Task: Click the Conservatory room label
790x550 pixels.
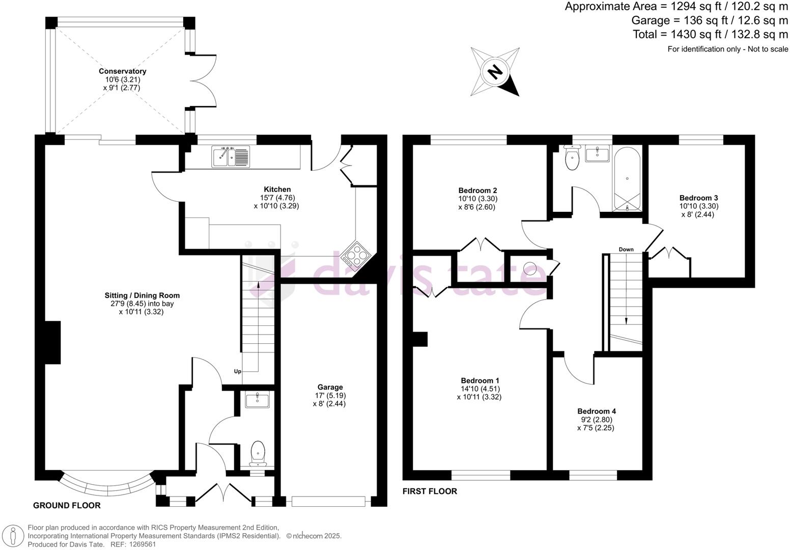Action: pos(122,71)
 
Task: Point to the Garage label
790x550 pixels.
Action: pos(330,387)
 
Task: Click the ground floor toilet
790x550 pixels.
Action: pos(258,453)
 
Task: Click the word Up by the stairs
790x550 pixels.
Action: pos(237,371)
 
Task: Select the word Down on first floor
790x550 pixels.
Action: pos(626,250)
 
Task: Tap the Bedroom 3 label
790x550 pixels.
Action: pos(698,198)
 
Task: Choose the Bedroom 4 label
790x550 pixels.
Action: pos(596,411)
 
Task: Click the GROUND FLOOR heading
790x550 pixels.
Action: pos(67,505)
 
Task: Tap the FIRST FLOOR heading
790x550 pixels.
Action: pos(430,491)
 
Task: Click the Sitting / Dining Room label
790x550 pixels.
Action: pos(142,295)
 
